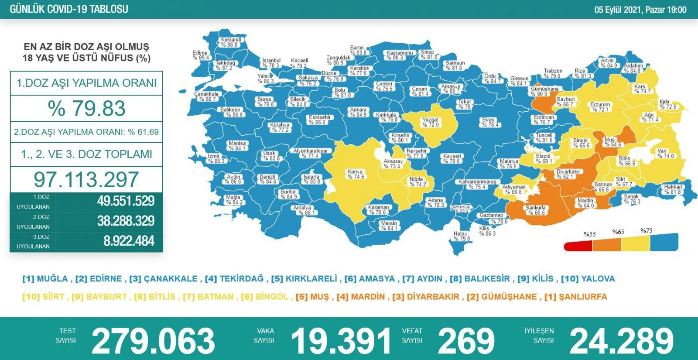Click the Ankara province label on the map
[x=358, y=112]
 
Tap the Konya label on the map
[x=356, y=174]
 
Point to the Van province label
[x=665, y=153]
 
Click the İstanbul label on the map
[x=271, y=63]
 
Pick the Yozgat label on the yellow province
[x=430, y=122]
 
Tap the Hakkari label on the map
[x=673, y=189]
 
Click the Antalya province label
[x=302, y=210]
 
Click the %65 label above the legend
[x=618, y=232]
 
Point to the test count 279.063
[x=153, y=341]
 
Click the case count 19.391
[x=341, y=341]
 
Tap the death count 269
[x=466, y=341]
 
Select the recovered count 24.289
[x=622, y=341]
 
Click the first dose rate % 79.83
[x=87, y=108]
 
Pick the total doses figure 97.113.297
[x=86, y=179]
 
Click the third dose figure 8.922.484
[x=129, y=241]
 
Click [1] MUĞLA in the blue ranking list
[x=45, y=279]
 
